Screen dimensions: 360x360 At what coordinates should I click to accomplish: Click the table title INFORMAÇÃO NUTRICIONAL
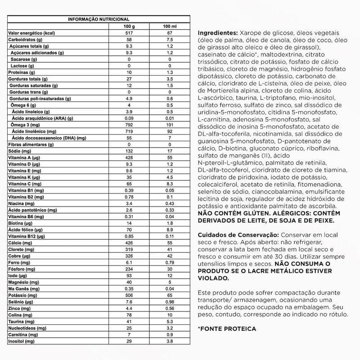click(99, 19)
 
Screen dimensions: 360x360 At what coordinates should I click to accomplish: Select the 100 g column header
click(129, 27)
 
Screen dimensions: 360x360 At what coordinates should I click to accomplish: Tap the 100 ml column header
click(170, 27)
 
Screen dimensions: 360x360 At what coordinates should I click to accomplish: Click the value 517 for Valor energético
click(129, 33)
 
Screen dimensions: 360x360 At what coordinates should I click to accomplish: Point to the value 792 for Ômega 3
click(129, 124)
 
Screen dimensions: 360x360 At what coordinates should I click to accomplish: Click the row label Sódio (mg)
click(19, 151)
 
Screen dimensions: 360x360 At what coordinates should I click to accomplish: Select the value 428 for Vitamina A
click(129, 158)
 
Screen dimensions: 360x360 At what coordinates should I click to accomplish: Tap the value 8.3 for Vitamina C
click(170, 184)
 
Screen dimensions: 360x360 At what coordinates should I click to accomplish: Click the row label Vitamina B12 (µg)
click(27, 236)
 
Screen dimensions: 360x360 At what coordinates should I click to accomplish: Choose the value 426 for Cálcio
click(129, 243)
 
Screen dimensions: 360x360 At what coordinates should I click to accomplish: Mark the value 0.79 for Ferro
click(170, 262)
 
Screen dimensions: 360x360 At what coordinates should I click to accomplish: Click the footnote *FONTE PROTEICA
click(226, 328)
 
